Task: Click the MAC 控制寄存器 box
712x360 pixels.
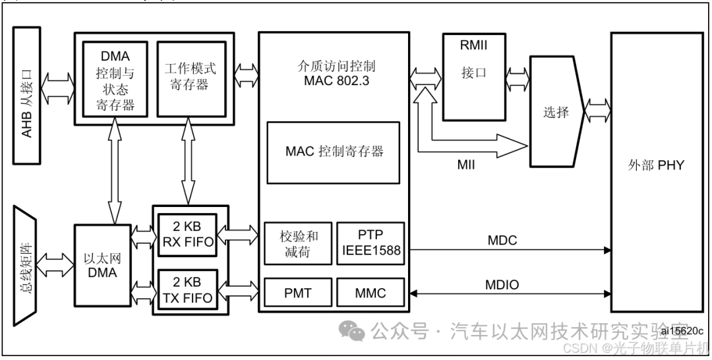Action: (334, 152)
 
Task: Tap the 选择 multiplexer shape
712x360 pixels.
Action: (556, 112)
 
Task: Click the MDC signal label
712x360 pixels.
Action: (502, 241)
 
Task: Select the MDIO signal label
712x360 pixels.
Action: (502, 285)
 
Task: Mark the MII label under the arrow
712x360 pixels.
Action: (465, 165)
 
